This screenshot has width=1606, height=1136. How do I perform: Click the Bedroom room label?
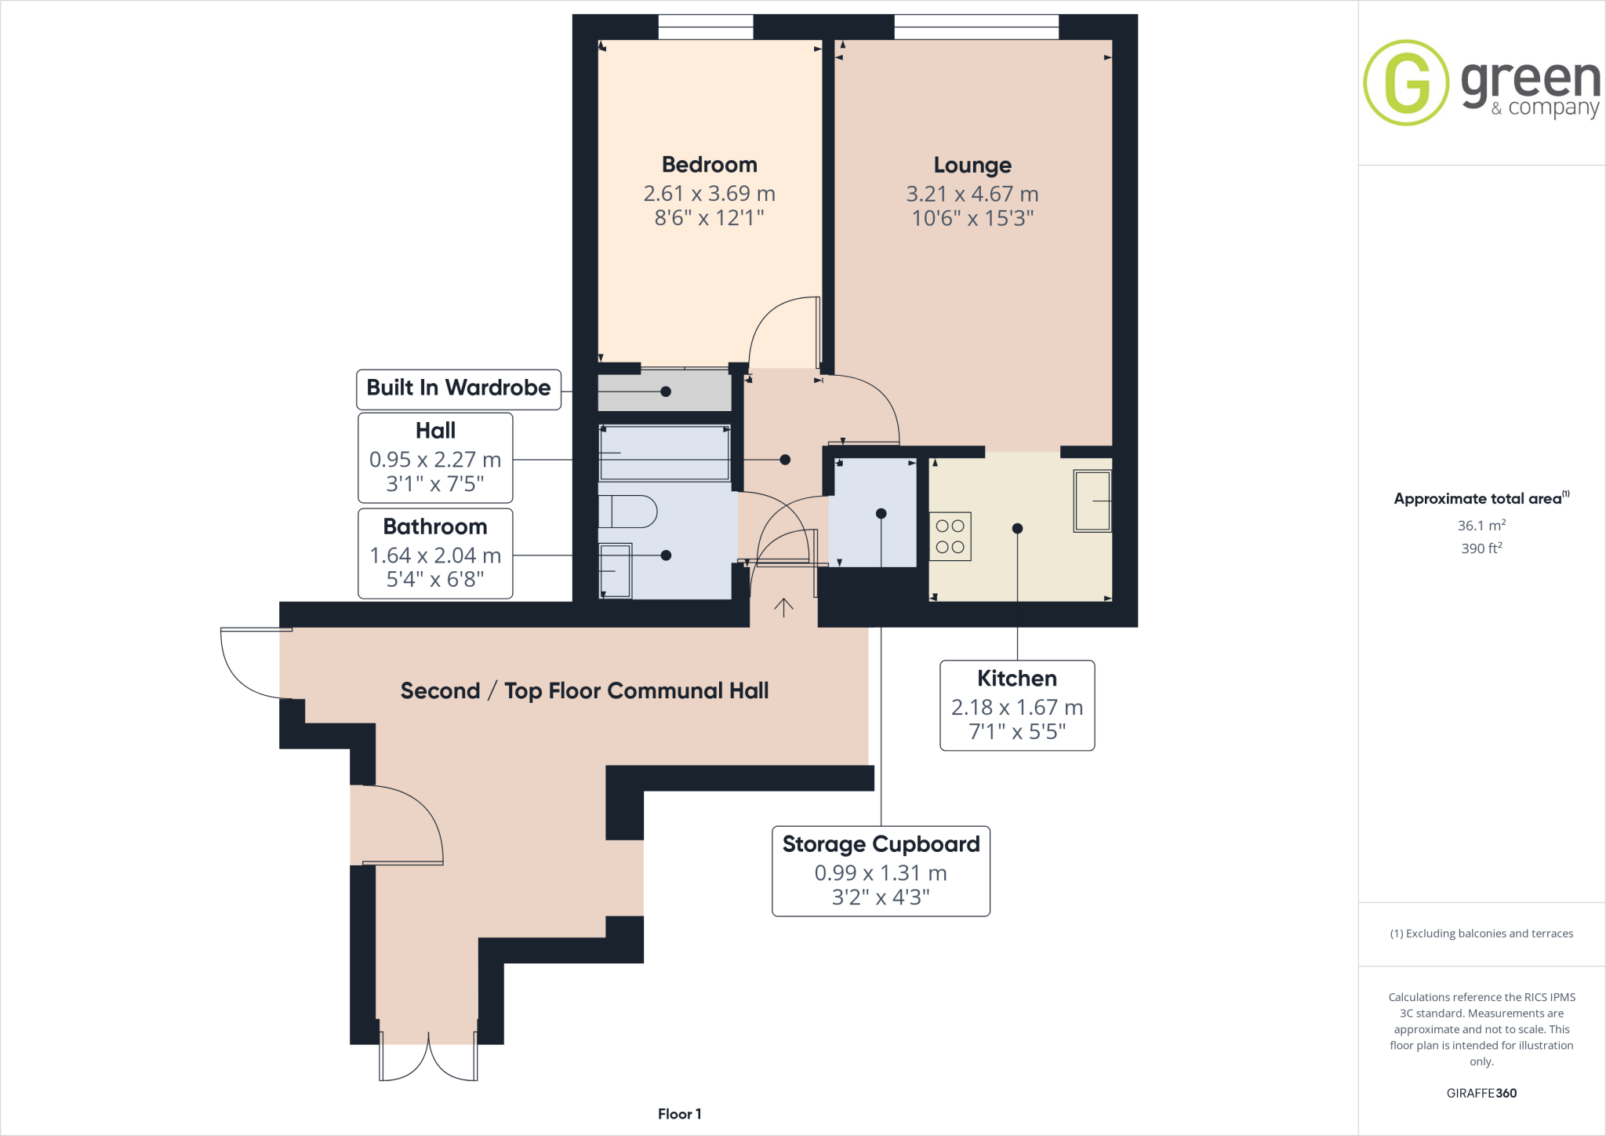click(x=709, y=165)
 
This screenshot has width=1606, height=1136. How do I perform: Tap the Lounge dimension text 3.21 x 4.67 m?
click(x=972, y=194)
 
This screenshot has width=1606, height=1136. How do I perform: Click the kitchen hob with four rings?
click(x=950, y=537)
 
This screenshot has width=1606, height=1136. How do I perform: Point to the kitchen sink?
click(x=1092, y=501)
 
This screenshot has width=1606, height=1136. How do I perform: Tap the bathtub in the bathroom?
click(x=664, y=453)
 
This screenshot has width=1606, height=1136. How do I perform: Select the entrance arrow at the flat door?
click(x=783, y=607)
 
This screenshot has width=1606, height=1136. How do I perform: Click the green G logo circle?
click(x=1406, y=82)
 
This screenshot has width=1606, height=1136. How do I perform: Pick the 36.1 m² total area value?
click(x=1481, y=526)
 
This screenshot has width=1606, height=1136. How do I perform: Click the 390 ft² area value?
click(x=1481, y=548)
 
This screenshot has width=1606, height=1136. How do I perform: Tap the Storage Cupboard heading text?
click(x=881, y=844)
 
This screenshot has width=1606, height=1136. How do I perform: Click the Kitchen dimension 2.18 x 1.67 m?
click(x=1016, y=708)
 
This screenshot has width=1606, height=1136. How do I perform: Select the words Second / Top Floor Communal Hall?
click(x=584, y=691)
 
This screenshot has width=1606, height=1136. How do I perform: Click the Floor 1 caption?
click(x=679, y=1114)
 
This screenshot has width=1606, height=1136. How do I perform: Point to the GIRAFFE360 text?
click(x=1481, y=1093)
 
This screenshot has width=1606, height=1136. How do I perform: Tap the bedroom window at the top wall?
click(x=705, y=27)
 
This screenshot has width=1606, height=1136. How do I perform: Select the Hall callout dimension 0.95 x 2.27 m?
click(x=434, y=460)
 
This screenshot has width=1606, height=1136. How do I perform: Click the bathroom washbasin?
click(x=616, y=570)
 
